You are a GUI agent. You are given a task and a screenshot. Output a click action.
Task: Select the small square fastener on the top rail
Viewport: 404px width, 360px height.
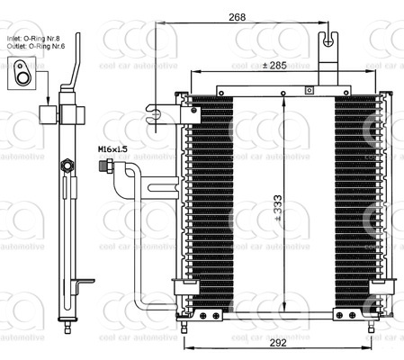[309, 88]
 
